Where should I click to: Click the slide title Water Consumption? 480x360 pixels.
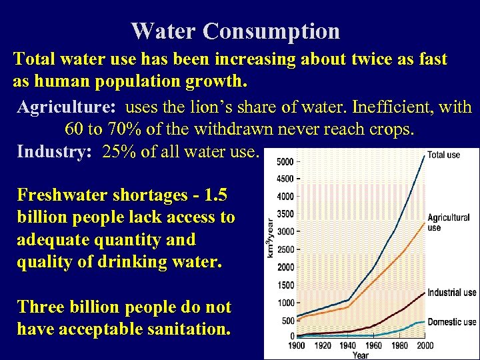(235, 31)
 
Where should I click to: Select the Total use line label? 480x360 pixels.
(444, 155)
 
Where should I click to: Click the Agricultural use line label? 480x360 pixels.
(448, 223)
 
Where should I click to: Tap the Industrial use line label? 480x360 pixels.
(451, 292)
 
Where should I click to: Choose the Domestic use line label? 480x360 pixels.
(451, 322)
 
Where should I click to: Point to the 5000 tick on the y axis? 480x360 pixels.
(285, 161)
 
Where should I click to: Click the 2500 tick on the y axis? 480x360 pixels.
(285, 249)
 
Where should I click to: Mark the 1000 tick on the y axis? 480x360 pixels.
(285, 302)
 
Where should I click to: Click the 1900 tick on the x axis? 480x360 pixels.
(296, 345)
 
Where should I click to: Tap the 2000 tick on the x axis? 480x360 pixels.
(424, 345)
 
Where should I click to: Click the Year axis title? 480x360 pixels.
(360, 355)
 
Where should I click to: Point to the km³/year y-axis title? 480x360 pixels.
(270, 237)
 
